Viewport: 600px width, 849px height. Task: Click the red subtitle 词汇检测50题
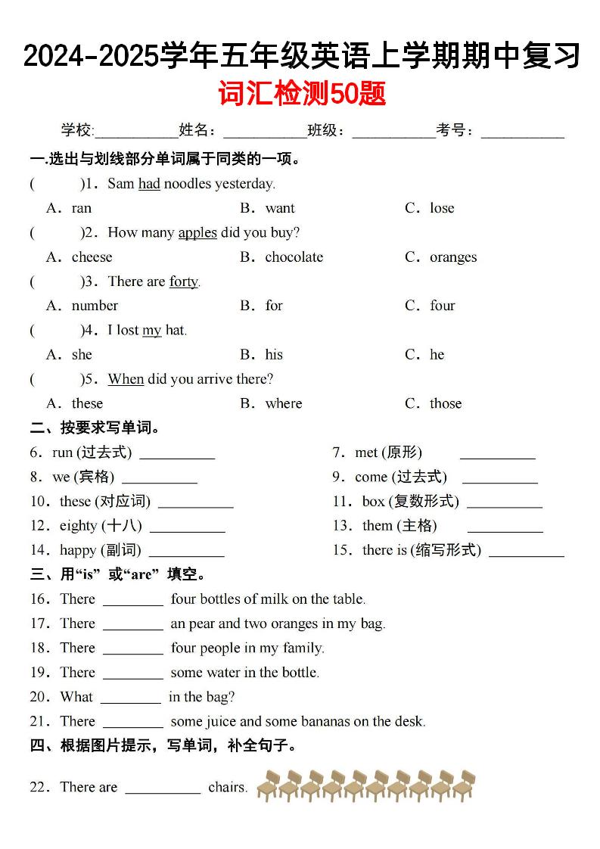click(302, 95)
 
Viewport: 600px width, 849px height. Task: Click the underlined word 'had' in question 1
click(149, 184)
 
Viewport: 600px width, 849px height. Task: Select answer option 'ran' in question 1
click(81, 208)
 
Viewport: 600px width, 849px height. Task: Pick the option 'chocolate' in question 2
click(294, 257)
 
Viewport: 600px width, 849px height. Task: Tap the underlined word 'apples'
click(197, 232)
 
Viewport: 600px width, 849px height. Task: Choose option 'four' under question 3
click(443, 306)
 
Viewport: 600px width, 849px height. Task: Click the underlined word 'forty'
click(183, 281)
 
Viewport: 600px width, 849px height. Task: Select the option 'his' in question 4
click(274, 355)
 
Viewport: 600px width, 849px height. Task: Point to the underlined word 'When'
click(126, 379)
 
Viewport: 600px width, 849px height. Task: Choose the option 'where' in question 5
click(284, 403)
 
